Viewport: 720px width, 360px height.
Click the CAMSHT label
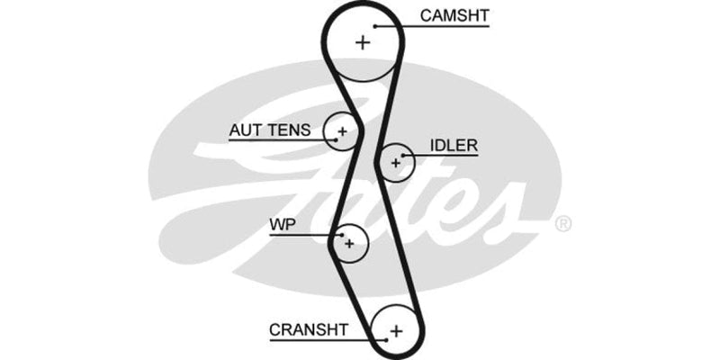pos(454,15)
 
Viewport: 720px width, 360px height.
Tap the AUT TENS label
pos(269,130)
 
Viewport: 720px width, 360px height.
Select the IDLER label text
pos(454,145)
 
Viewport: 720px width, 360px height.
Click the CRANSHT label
pos(308,330)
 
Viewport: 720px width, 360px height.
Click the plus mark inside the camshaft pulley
pos(363,41)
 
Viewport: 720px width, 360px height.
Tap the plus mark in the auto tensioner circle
pos(341,132)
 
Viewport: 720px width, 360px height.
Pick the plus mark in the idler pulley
pos(395,162)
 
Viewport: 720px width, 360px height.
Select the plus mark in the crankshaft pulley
pos(396,331)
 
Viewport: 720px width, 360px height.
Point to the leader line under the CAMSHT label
pos(441,26)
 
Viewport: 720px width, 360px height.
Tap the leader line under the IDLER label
pos(445,156)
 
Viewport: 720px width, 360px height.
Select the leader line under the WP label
pos(301,234)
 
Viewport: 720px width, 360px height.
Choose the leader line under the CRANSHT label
pos(324,341)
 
